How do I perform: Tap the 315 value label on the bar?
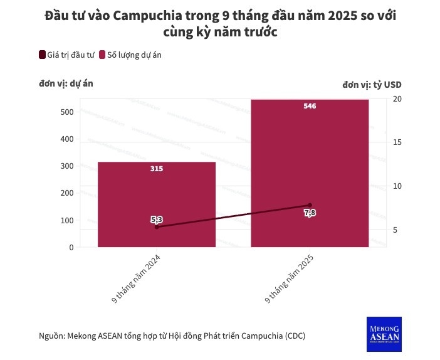157,169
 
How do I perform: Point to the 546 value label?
310,106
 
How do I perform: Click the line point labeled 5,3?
157,226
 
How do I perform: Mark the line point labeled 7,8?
310,205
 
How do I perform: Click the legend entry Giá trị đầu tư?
66,55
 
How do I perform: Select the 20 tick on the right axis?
397,99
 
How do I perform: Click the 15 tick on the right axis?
397,142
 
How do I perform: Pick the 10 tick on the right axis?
397,186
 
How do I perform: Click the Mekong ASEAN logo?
384,334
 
